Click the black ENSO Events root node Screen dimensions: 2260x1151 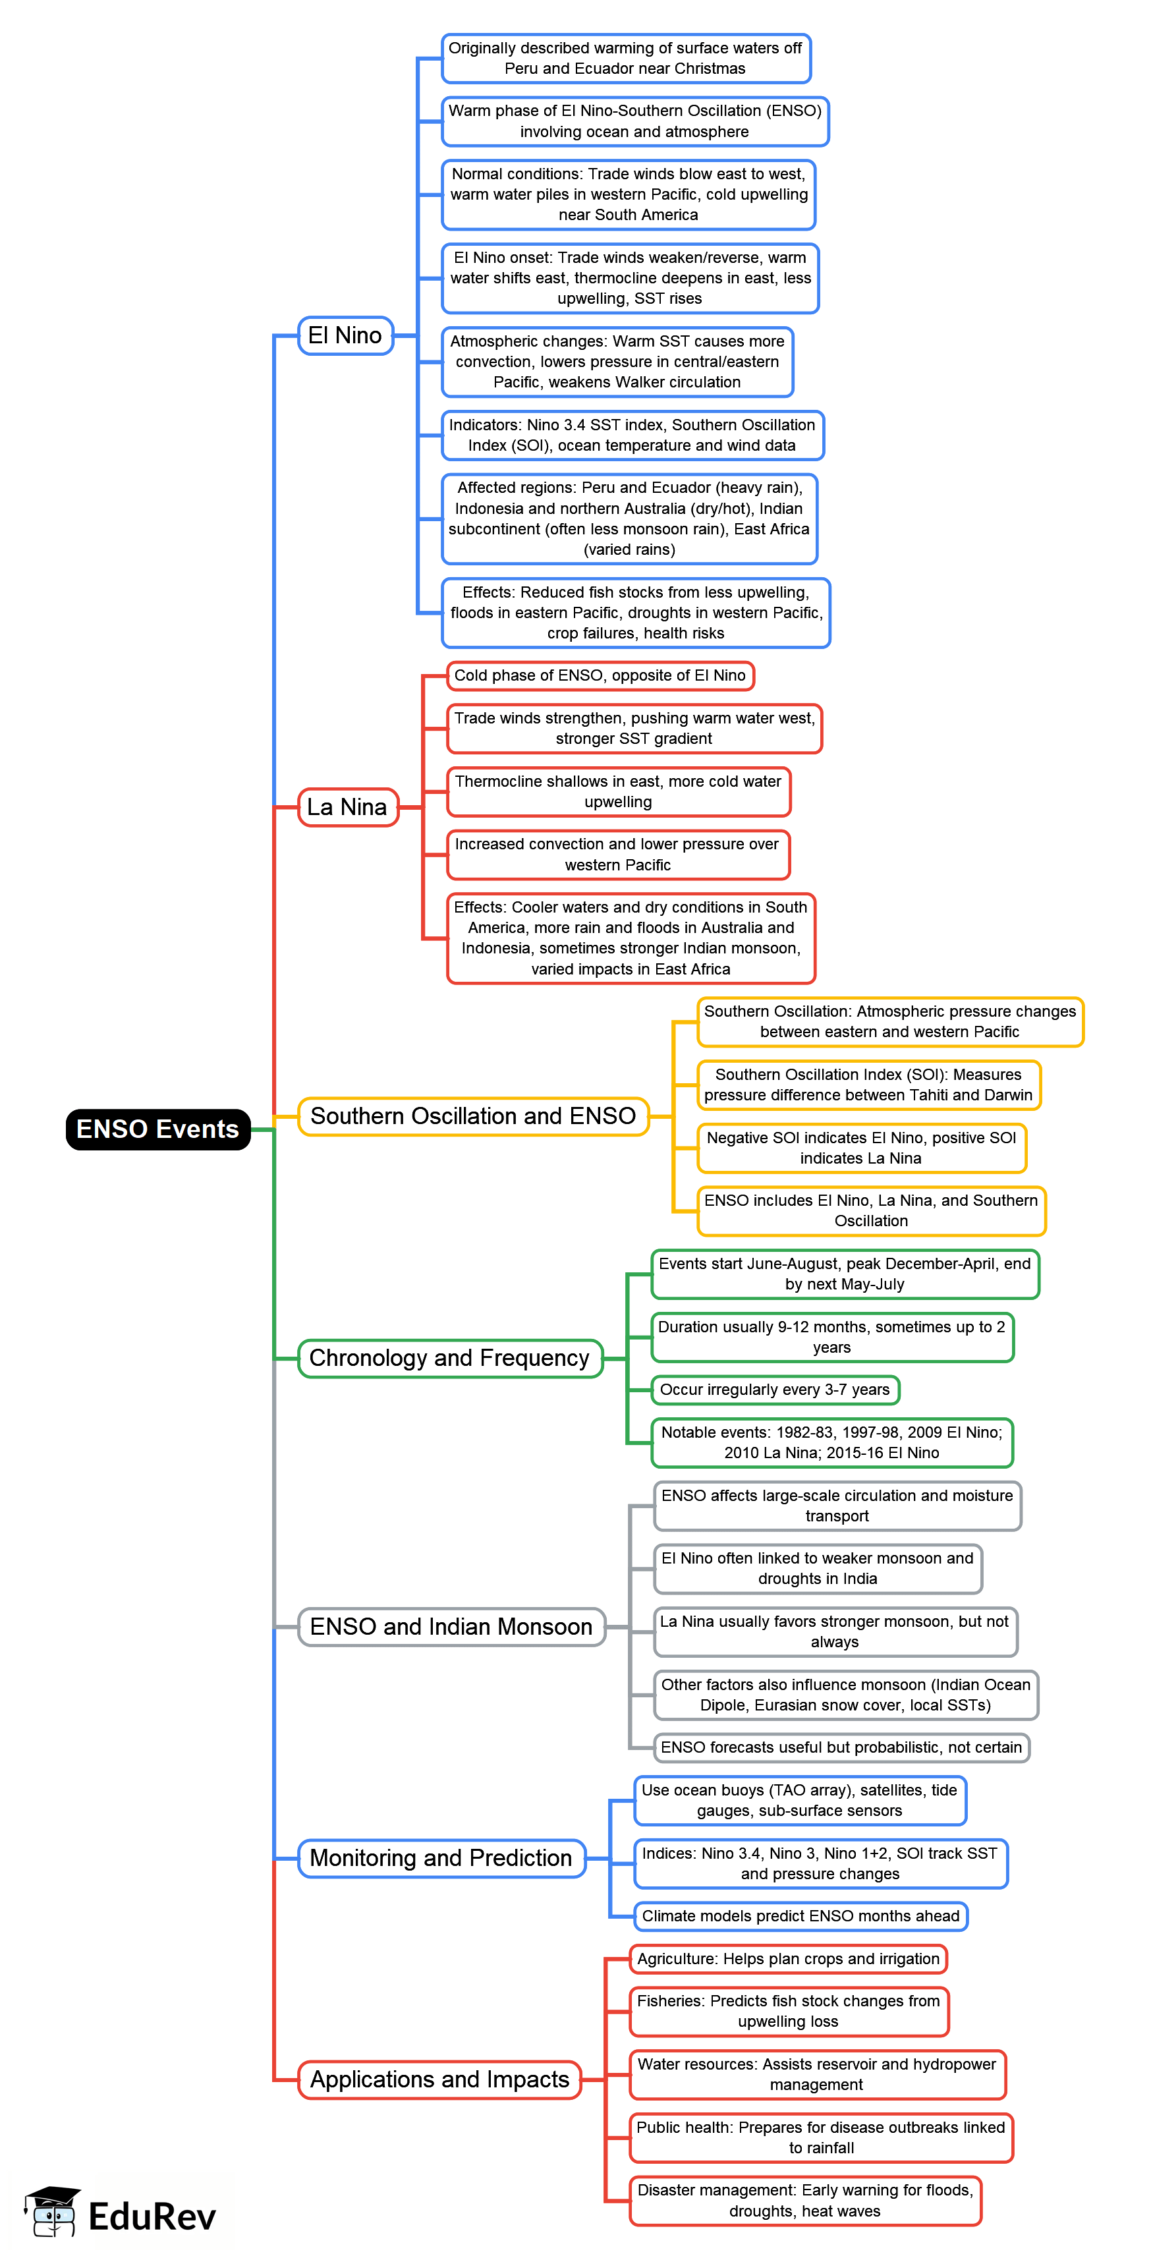click(158, 1129)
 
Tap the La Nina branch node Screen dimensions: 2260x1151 click(347, 807)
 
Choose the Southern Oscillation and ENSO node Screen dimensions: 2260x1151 click(473, 1116)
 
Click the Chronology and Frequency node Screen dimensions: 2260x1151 click(450, 1358)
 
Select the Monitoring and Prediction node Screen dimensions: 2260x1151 click(441, 1858)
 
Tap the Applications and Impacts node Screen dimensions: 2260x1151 click(439, 2079)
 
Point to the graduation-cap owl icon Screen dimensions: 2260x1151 click(53, 2211)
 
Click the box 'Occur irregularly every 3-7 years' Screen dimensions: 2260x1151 click(775, 1390)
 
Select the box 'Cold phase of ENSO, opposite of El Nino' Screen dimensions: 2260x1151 click(600, 675)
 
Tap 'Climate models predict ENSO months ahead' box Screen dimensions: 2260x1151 click(800, 1916)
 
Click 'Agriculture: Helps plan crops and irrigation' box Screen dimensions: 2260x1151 click(788, 1958)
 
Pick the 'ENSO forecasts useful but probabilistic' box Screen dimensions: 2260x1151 click(841, 1747)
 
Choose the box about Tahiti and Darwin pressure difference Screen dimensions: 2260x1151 click(868, 1085)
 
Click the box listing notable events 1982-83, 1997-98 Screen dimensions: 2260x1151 click(831, 1442)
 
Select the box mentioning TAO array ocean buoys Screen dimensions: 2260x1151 click(799, 1800)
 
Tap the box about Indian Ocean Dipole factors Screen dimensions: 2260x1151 click(846, 1695)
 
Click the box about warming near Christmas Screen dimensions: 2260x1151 click(625, 58)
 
